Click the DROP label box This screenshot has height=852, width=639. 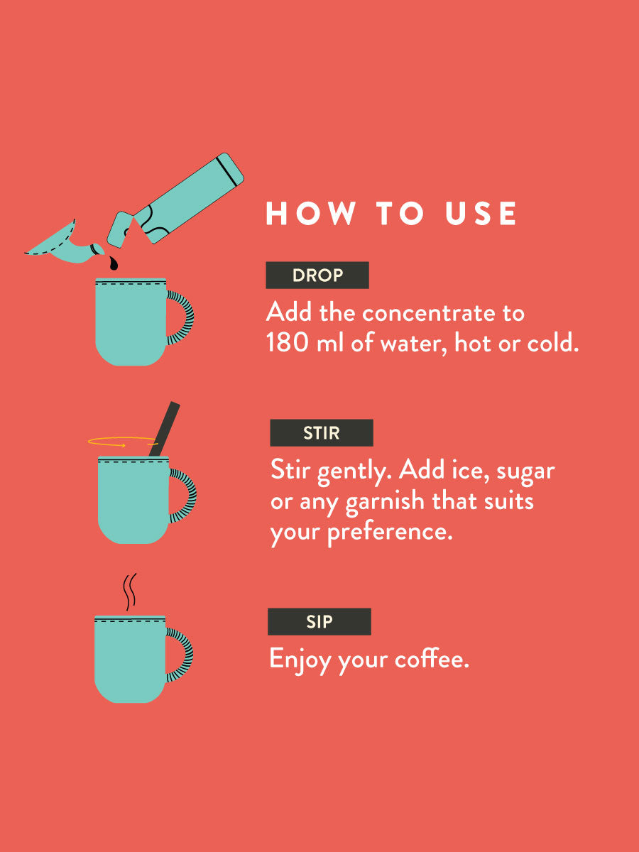317,275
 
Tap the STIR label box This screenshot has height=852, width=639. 322,433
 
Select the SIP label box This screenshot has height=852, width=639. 319,621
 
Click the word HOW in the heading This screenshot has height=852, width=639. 310,213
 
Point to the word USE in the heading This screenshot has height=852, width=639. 481,213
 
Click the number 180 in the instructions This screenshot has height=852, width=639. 288,343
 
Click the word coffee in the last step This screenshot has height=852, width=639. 432,658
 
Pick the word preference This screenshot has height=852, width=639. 390,532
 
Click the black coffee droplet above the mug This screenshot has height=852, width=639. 114,263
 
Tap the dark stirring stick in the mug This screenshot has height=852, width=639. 165,429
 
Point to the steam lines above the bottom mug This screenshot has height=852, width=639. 130,592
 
